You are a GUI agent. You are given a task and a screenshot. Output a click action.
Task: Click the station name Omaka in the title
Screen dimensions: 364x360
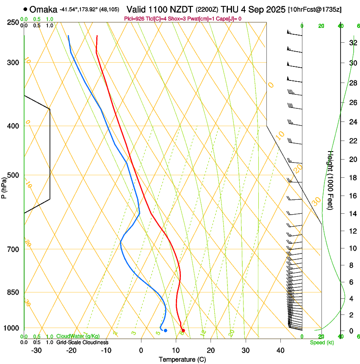tap(44, 9)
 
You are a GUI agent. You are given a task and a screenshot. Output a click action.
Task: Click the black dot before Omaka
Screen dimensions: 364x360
tap(26, 9)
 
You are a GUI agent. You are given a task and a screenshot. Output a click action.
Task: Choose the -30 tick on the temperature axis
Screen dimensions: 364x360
tap(36, 350)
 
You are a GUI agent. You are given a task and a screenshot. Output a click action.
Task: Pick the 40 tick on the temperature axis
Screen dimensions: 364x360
tap(280, 350)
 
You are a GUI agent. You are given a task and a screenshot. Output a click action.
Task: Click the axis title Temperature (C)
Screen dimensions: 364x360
tap(182, 359)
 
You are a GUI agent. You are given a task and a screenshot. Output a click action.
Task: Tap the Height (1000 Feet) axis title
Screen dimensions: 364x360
tap(331, 180)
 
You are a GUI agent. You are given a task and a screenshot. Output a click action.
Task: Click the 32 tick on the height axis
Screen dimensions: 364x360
tap(352, 43)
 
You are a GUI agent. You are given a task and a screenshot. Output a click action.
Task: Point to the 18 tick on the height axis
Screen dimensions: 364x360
tap(352, 177)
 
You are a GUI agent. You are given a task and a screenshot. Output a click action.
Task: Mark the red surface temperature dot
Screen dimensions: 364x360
tap(183, 331)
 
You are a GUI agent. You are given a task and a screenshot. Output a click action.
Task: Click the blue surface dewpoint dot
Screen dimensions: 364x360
tap(165, 331)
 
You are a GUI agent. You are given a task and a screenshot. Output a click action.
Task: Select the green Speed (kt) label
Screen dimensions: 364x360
tap(322, 342)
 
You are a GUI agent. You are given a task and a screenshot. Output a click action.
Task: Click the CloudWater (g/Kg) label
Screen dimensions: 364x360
tap(78, 336)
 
